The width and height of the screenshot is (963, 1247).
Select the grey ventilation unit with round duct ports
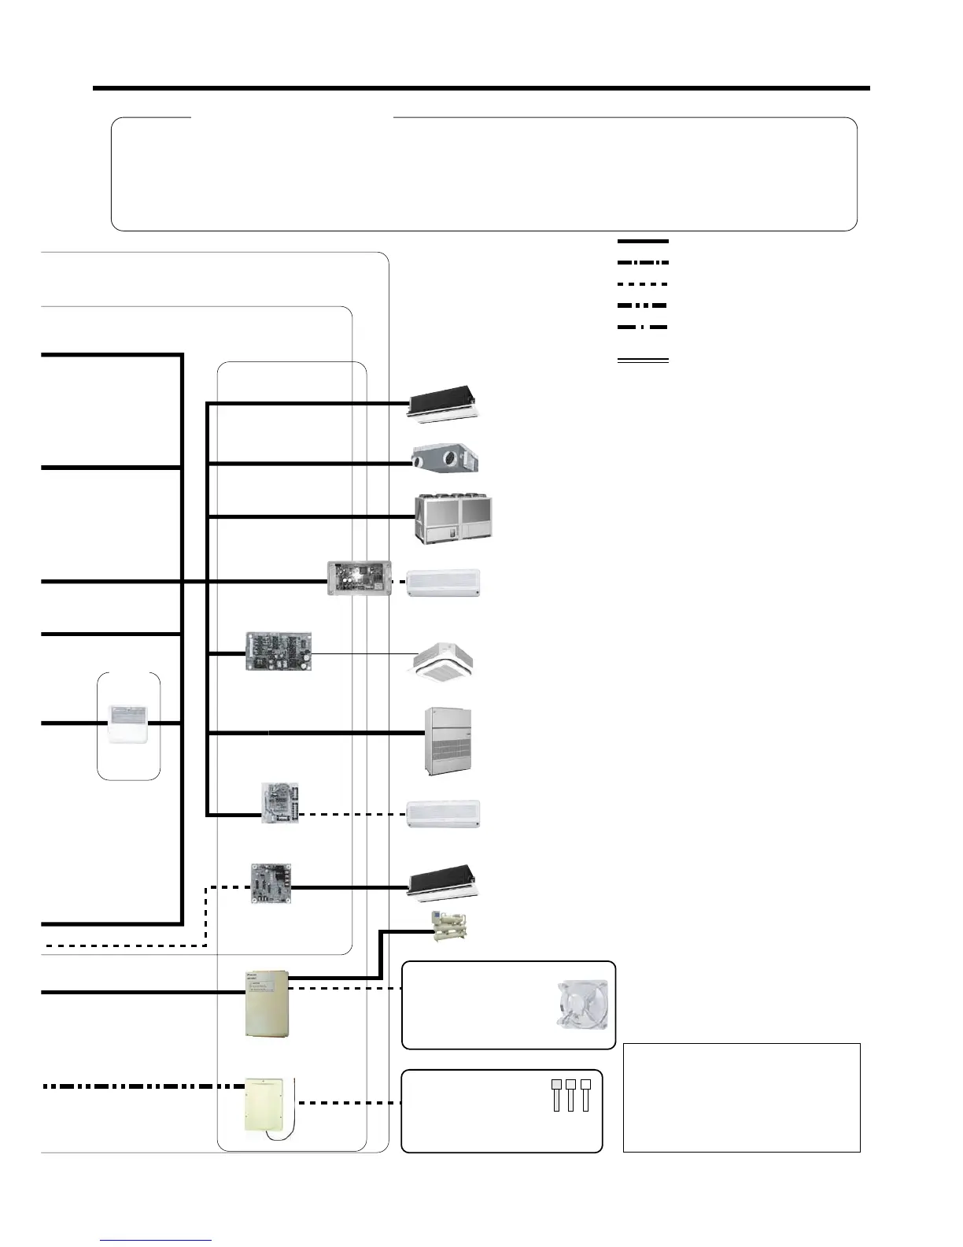pyautogui.click(x=445, y=457)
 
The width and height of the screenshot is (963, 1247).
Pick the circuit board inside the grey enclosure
pyautogui.click(x=358, y=579)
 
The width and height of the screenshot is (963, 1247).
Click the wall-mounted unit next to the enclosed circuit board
pyautogui.click(x=443, y=583)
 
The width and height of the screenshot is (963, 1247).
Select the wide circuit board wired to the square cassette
pyautogui.click(x=279, y=651)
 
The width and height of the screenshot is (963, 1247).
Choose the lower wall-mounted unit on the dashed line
pyautogui.click(x=443, y=815)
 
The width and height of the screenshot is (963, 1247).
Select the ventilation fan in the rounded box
pyautogui.click(x=581, y=1004)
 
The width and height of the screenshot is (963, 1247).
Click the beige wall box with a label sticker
pyautogui.click(x=266, y=1002)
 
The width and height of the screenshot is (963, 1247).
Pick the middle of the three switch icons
pyautogui.click(x=570, y=1095)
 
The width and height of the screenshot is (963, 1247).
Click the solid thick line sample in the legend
pyautogui.click(x=643, y=241)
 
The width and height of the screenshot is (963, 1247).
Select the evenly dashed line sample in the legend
pyautogui.click(x=643, y=283)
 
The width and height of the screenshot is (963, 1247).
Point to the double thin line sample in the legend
pyautogui.click(x=643, y=361)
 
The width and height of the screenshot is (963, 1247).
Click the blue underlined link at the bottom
pyautogui.click(x=156, y=1239)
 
